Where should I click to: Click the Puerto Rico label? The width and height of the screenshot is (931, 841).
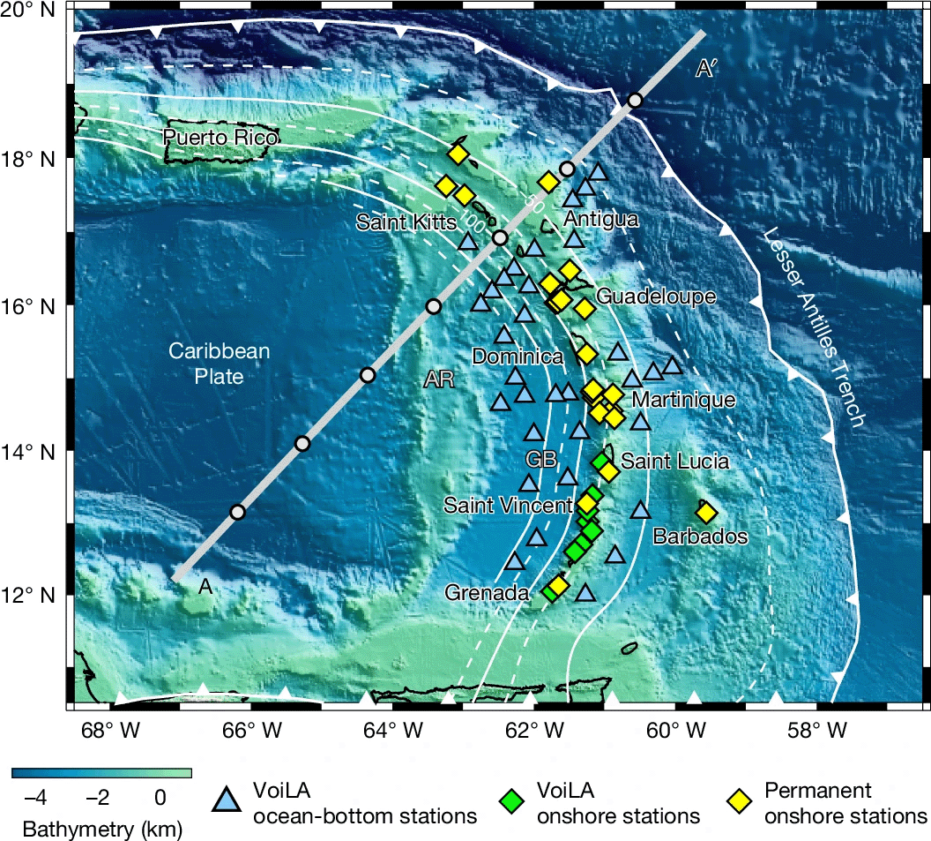click(220, 139)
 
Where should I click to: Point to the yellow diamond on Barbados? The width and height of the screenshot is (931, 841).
click(706, 513)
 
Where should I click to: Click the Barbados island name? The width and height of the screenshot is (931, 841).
click(701, 537)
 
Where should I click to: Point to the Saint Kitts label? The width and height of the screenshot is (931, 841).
click(406, 222)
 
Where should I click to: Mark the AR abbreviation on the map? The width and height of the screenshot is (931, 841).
click(439, 379)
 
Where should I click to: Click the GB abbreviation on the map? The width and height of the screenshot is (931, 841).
click(540, 459)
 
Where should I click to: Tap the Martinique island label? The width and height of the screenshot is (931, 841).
click(684, 400)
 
